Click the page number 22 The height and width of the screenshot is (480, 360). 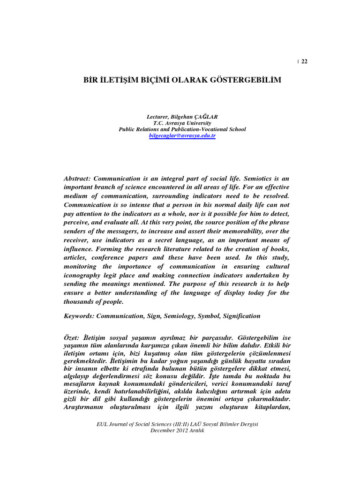coord(304,61)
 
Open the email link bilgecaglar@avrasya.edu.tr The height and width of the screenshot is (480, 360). coord(182,135)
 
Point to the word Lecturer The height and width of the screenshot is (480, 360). coord(158,116)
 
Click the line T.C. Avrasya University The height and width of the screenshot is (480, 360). coord(182,123)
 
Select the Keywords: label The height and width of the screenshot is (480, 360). coord(79,316)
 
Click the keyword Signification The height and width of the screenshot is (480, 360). coord(241,316)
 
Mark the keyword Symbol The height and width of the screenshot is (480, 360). coord(209,316)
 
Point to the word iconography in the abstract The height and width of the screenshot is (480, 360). coord(84,276)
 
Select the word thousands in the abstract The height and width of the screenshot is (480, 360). coord(79,302)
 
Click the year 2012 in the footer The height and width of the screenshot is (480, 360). coord(181,431)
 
